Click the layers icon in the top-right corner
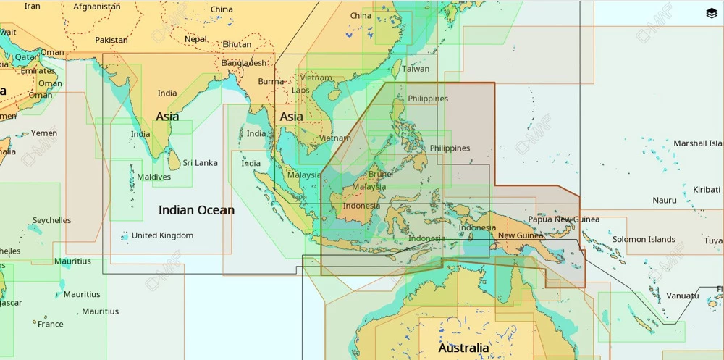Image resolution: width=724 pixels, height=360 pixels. [x=711, y=13]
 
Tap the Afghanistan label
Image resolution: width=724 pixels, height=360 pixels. [x=97, y=7]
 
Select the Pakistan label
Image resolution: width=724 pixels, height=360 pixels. [x=111, y=40]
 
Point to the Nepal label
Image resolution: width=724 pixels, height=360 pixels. [x=195, y=39]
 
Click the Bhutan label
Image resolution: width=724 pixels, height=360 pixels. [x=237, y=44]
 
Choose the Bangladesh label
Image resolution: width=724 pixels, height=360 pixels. [x=244, y=63]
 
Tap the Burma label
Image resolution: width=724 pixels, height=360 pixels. [x=271, y=81]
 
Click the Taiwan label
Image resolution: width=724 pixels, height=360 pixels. [x=416, y=70]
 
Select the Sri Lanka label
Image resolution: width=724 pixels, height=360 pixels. [x=200, y=163]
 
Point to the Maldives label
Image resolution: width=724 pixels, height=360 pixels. [x=153, y=177]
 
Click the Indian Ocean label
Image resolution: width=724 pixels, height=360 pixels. [x=196, y=210]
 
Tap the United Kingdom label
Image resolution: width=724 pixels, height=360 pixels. [x=162, y=235]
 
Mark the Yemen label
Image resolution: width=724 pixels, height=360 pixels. [x=43, y=133]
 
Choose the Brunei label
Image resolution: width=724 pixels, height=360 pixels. [x=381, y=174]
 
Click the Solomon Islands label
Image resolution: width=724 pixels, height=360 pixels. [x=644, y=239]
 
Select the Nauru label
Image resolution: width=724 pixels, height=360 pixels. [x=665, y=200]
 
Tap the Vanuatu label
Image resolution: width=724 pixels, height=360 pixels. [x=683, y=296]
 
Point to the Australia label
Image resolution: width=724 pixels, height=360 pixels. [x=463, y=348]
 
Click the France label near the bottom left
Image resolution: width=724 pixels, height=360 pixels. [x=50, y=324]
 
